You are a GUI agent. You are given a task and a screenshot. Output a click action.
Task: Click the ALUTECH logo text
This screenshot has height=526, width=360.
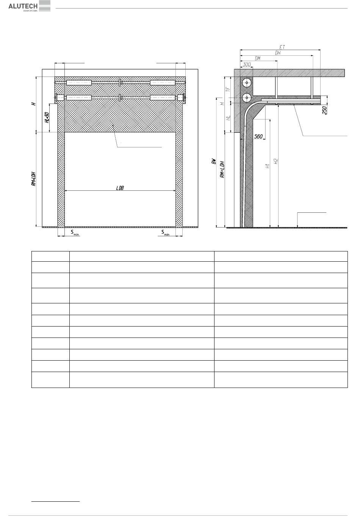23,6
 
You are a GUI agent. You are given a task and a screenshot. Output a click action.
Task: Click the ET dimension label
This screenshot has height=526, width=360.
282,47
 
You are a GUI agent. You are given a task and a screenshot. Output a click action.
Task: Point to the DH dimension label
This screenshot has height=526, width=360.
278,53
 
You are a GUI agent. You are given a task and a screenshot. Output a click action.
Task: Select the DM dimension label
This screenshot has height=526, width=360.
257,58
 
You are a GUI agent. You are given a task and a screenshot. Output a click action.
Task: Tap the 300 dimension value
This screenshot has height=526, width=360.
247,64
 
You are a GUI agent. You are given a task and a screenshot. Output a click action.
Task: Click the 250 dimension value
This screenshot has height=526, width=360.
324,110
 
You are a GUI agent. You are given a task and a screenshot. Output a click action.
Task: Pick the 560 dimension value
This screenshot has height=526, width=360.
258,137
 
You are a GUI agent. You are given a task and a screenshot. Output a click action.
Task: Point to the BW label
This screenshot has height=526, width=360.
214,161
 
